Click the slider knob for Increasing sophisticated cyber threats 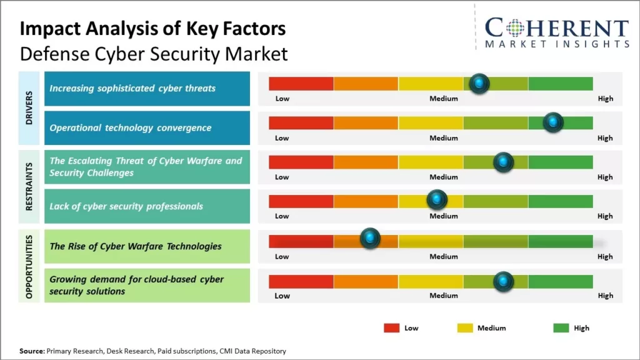[479, 83]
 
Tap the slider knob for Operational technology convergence [553, 122]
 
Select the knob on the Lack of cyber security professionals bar [437, 200]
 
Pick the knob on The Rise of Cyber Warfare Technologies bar [371, 237]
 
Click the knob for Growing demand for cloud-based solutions [503, 281]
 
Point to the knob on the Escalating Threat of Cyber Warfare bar [504, 162]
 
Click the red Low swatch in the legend [392, 328]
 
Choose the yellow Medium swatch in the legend [465, 328]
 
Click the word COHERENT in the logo [556, 29]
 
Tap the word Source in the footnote [32, 351]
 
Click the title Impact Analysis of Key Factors [153, 29]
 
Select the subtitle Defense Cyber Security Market [154, 54]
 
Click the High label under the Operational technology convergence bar [604, 138]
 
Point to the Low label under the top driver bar [282, 99]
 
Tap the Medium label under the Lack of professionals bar [443, 216]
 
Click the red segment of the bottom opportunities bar [301, 281]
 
